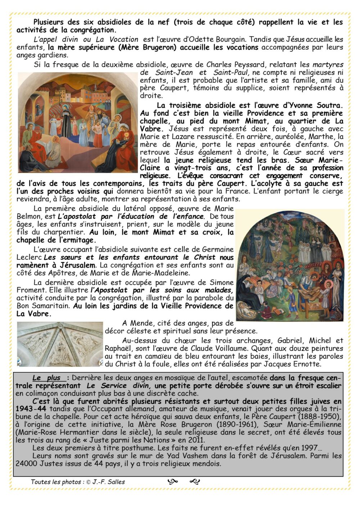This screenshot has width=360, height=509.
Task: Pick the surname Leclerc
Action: point(30,258)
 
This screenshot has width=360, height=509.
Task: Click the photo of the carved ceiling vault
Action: point(60,345)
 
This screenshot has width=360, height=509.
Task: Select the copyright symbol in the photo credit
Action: point(88,482)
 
